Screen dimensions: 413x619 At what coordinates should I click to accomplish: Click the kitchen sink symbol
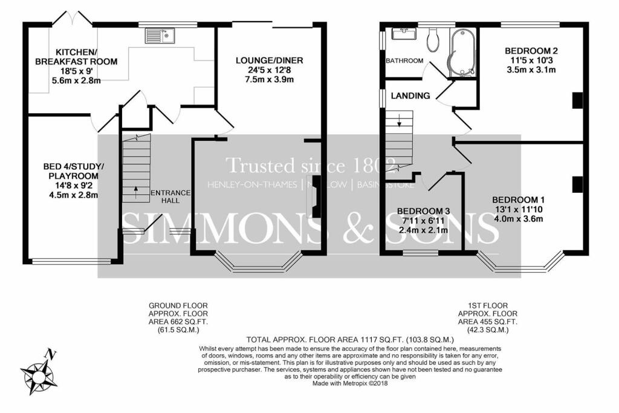point(160,36)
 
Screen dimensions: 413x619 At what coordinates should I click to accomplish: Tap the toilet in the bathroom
point(432,41)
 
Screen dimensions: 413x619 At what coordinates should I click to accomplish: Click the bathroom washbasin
point(402,33)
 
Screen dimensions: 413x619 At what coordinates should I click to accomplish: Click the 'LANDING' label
point(410,96)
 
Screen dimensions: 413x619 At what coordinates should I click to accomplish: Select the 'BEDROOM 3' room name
point(423,211)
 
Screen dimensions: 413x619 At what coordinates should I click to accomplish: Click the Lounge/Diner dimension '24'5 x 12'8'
point(269,70)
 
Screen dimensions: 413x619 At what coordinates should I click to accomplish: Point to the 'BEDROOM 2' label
point(531,51)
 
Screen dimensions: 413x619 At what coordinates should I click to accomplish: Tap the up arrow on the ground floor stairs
point(135,192)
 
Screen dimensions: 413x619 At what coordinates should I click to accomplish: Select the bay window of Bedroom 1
point(520,262)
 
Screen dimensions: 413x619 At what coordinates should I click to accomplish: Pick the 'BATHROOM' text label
point(405,61)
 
